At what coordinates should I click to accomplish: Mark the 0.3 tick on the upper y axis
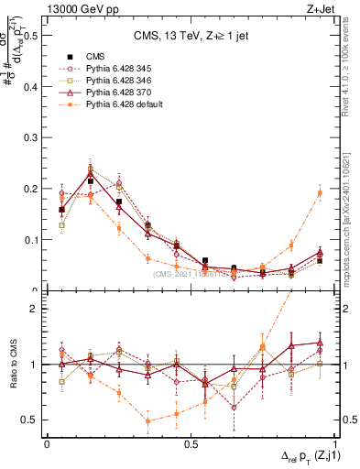(29, 138)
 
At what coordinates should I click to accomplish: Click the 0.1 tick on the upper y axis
(29, 240)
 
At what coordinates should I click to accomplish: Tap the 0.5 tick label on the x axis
(191, 443)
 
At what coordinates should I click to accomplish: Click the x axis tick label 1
(335, 443)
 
